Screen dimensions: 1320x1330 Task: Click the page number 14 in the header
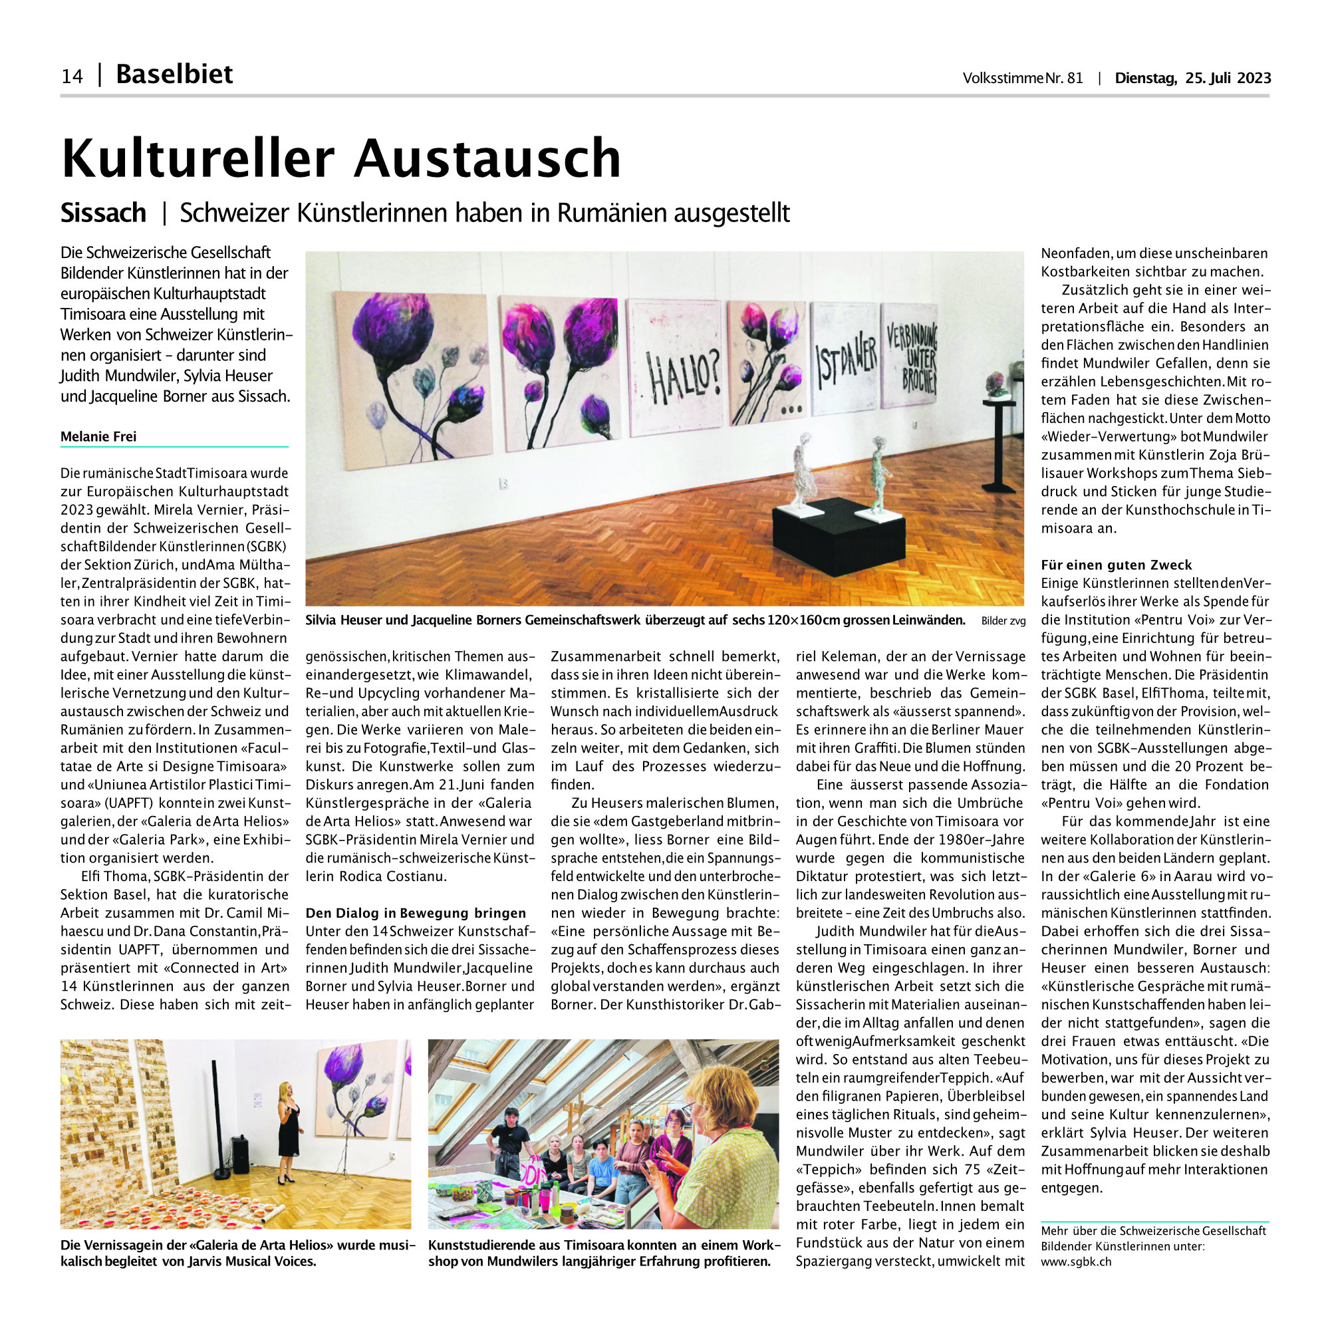pos(72,76)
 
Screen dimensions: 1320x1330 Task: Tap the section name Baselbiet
pos(174,74)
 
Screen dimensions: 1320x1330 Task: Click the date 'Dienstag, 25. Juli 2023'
pos(1192,78)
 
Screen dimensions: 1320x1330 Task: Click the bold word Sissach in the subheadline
pos(103,213)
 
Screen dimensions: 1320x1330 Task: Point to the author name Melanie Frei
pos(98,436)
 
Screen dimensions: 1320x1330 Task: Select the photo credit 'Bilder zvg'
pos(1003,621)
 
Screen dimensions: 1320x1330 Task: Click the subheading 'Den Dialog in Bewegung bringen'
pos(416,913)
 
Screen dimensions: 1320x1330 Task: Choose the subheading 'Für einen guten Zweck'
pos(1116,565)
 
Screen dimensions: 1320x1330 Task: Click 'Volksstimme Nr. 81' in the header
pos(1022,78)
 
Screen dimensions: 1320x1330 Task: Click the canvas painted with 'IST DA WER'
pos(845,358)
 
